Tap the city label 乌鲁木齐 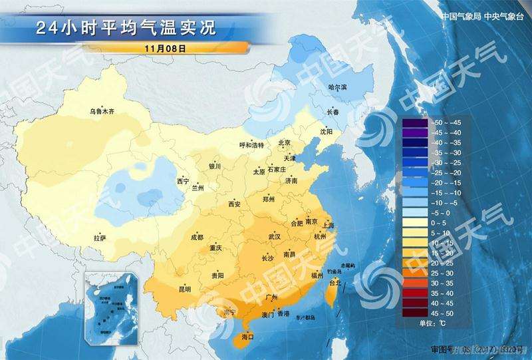point(102,112)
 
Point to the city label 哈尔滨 point(338,88)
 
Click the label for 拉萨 point(99,238)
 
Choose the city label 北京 point(285,142)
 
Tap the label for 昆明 point(184,289)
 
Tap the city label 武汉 point(274,237)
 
